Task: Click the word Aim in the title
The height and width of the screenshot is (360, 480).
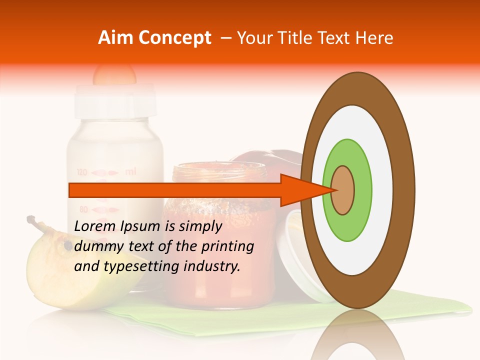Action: click(116, 38)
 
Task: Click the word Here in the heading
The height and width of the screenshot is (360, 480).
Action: click(374, 38)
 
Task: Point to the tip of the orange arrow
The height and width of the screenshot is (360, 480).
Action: click(334, 190)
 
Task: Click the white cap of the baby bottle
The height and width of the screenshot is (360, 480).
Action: click(115, 100)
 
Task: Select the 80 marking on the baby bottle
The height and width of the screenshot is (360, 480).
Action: click(83, 209)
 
